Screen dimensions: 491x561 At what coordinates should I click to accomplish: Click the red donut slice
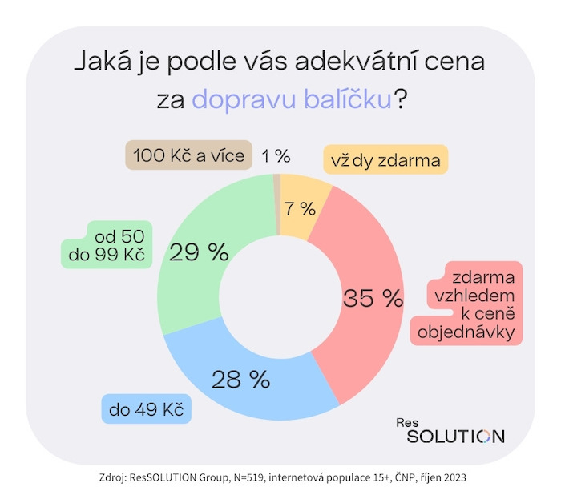[x=365, y=264]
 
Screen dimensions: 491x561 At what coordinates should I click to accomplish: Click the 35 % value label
[x=373, y=299]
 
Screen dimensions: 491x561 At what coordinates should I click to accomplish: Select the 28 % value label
[x=240, y=379]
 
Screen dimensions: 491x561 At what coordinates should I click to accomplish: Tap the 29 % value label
[x=199, y=253]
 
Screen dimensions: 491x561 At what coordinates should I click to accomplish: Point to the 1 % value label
[x=276, y=155]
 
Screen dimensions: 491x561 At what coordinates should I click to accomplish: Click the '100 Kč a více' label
[x=188, y=155]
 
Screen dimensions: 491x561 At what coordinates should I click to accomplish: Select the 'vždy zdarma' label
[x=385, y=160]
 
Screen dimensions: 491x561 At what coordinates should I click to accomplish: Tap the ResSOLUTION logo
[x=454, y=432]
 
